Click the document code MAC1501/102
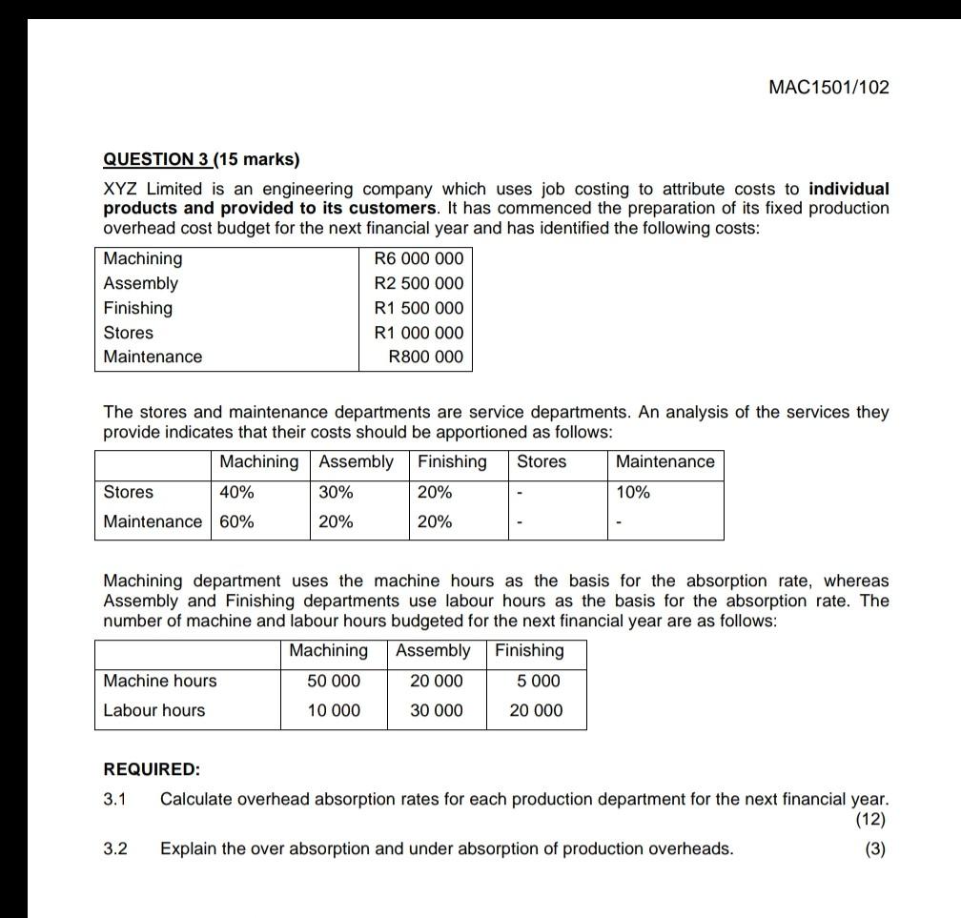pyautogui.click(x=828, y=88)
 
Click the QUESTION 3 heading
pyautogui.click(x=200, y=159)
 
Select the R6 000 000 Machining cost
pyautogui.click(x=419, y=259)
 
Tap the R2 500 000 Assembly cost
pyautogui.click(x=419, y=284)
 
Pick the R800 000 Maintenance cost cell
pyautogui.click(x=426, y=357)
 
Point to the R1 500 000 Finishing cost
pyautogui.click(x=419, y=309)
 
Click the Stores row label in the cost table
pyautogui.click(x=129, y=333)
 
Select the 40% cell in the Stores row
pyautogui.click(x=236, y=493)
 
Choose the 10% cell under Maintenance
pyautogui.click(x=633, y=493)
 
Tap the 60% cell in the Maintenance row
pyautogui.click(x=236, y=522)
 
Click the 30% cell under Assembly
pyautogui.click(x=336, y=493)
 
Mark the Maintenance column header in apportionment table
pyautogui.click(x=665, y=462)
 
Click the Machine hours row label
pyautogui.click(x=160, y=681)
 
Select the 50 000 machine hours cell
pyautogui.click(x=334, y=681)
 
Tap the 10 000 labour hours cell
pyautogui.click(x=334, y=710)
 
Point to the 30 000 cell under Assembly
pyautogui.click(x=436, y=710)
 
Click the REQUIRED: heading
pyautogui.click(x=152, y=769)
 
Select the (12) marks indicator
pyautogui.click(x=870, y=819)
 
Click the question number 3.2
pyautogui.click(x=115, y=848)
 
